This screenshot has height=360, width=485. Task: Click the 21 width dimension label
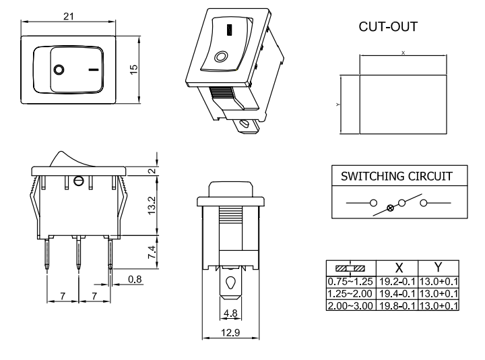(69, 16)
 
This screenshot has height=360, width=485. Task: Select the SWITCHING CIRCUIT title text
(395, 177)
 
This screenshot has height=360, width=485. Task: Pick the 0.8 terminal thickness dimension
(135, 278)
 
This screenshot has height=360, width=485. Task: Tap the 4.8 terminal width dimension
(231, 313)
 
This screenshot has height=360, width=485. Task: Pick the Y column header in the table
(439, 268)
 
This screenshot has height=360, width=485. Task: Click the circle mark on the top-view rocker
(59, 69)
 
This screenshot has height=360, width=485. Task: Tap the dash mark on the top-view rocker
(93, 69)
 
